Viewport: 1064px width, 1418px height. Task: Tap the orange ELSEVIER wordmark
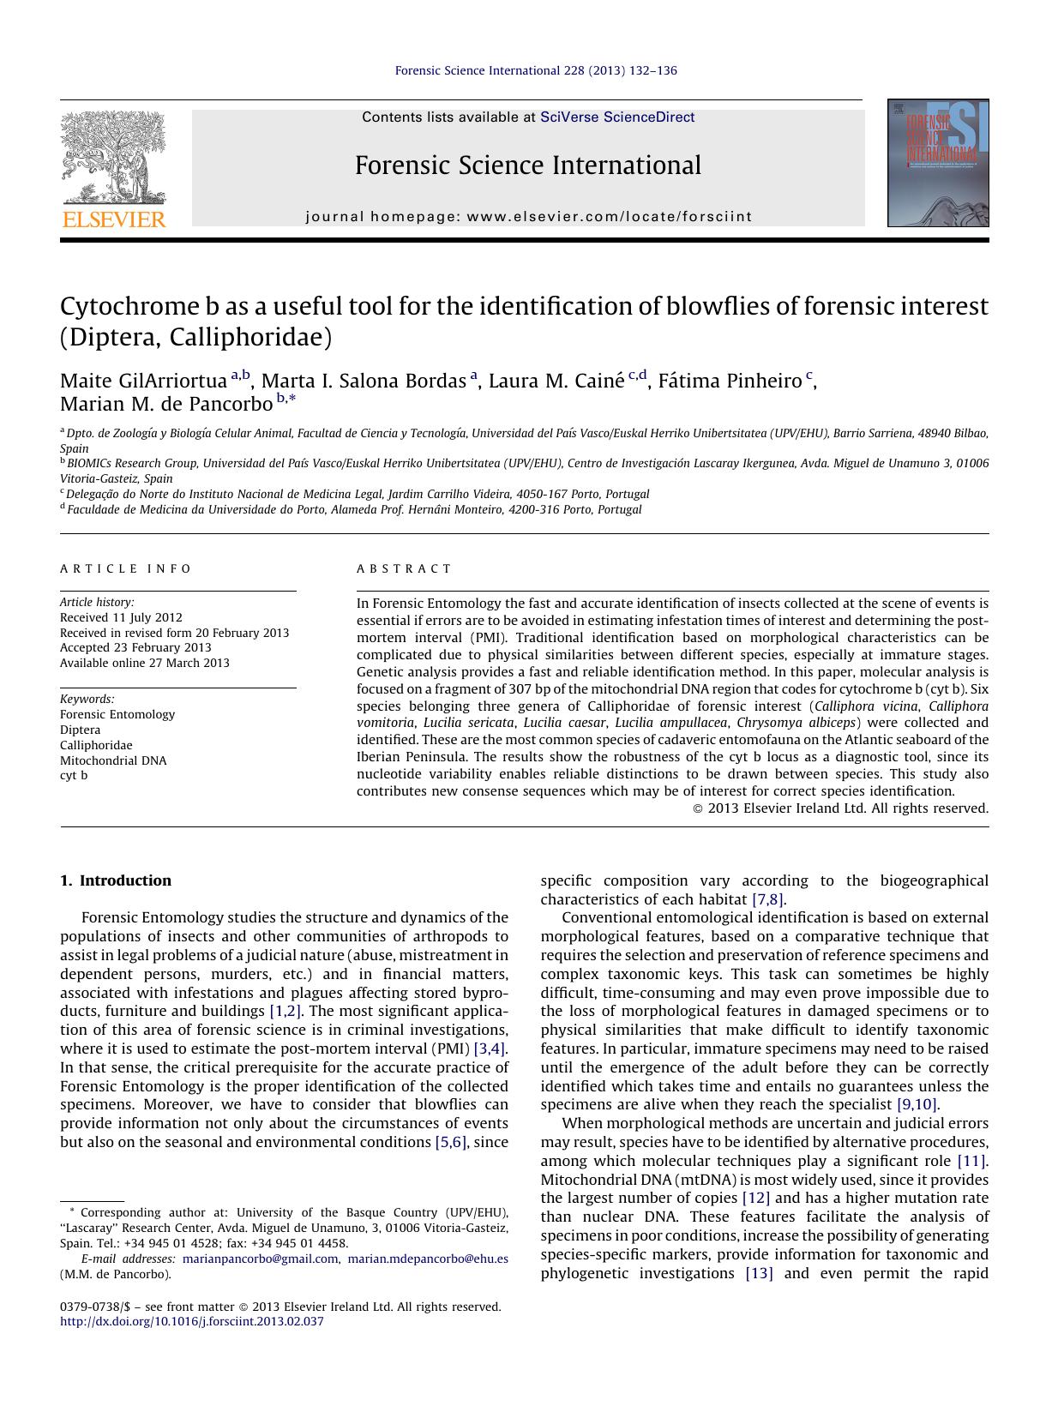coord(113,220)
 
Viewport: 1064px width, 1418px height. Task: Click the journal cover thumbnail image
coord(937,163)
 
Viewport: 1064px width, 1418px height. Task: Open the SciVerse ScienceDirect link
coord(616,117)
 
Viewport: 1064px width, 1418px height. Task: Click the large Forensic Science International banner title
coord(527,165)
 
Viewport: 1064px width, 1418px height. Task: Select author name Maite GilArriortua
coord(143,382)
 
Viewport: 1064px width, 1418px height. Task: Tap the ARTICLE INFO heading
coord(126,568)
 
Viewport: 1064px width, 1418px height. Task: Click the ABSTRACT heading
coord(404,568)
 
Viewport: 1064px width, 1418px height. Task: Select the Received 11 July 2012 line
coord(121,617)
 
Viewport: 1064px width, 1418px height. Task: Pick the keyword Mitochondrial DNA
coord(113,760)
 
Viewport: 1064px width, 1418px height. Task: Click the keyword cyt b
coord(74,775)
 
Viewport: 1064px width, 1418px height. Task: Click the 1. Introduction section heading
coord(116,880)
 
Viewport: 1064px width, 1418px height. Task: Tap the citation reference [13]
coord(759,1273)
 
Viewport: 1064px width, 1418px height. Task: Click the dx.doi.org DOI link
coord(192,1321)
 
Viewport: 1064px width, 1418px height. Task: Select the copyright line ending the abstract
coord(839,808)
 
